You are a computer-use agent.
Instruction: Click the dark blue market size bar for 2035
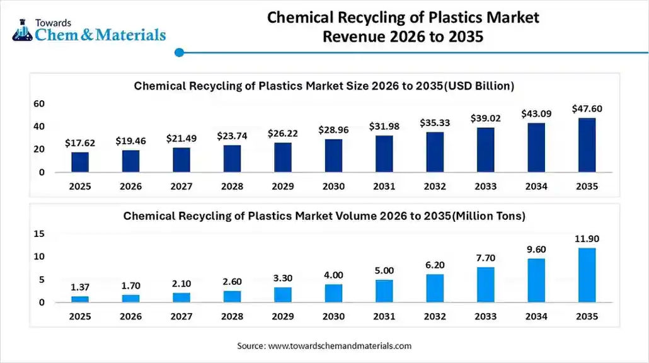[x=587, y=145]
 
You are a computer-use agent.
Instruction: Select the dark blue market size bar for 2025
[x=80, y=162]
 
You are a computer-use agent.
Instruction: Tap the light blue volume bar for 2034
[x=536, y=280]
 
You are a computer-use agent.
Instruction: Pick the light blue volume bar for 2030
[x=333, y=293]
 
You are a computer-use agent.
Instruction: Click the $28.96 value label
[x=333, y=130]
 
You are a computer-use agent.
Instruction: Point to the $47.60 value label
[x=587, y=108]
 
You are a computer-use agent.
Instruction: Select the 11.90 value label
[x=587, y=239]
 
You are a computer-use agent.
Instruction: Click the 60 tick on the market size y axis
[x=39, y=103]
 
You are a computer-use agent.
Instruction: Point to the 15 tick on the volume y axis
[x=39, y=234]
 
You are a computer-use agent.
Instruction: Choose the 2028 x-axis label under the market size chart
[x=232, y=187]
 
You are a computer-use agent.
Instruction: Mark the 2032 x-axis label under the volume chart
[x=435, y=317]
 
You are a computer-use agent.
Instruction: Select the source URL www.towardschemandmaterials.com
[x=340, y=345]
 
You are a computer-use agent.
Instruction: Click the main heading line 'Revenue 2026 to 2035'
[x=403, y=37]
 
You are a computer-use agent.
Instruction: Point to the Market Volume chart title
[x=324, y=216]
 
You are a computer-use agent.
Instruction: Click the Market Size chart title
[x=324, y=86]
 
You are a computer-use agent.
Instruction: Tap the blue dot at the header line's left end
[x=179, y=53]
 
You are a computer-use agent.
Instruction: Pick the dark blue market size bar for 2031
[x=384, y=154]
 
